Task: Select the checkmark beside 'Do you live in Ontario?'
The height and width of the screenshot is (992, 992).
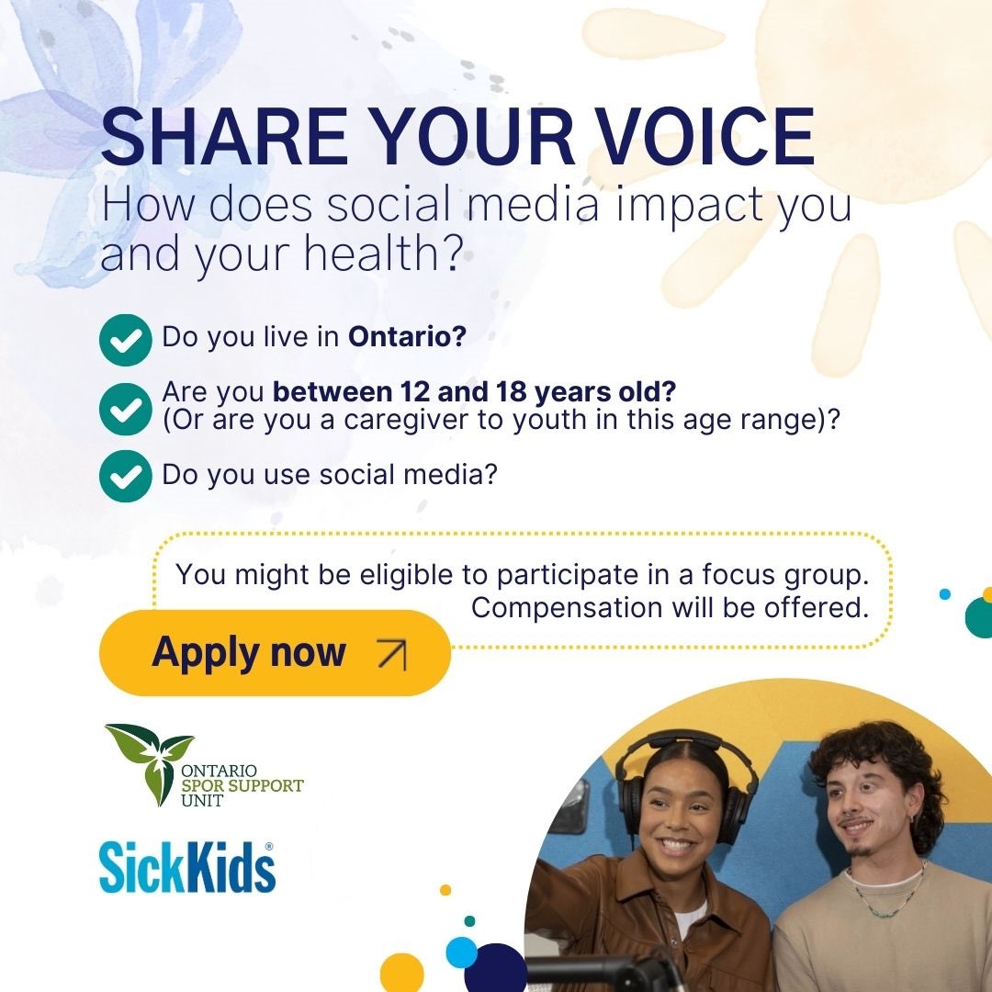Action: [125, 340]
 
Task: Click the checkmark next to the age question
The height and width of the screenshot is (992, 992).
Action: [125, 409]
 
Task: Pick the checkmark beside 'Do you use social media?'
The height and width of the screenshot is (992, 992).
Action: [125, 476]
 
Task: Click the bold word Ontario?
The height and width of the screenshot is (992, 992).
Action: [407, 337]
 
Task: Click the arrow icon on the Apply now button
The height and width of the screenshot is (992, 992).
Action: [391, 653]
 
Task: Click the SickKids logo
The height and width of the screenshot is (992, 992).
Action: [187, 868]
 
